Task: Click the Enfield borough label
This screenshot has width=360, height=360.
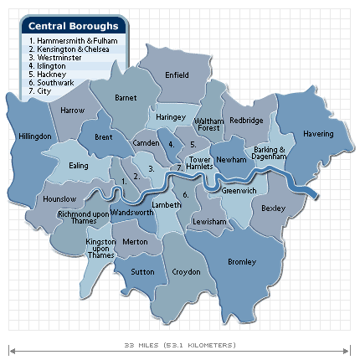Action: (177, 75)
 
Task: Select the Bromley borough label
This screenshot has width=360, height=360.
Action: (242, 262)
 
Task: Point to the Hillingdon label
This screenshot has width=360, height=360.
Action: (35, 136)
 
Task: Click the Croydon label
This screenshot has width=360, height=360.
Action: (186, 272)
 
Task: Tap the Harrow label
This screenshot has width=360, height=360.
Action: (72, 111)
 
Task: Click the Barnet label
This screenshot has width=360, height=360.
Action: (126, 98)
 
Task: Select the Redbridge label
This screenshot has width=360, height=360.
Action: (246, 121)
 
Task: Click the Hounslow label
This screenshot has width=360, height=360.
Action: (59, 198)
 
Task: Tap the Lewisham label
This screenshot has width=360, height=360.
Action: (208, 221)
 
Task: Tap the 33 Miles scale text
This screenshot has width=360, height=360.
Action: (179, 345)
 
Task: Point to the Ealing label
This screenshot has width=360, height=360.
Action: (79, 166)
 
